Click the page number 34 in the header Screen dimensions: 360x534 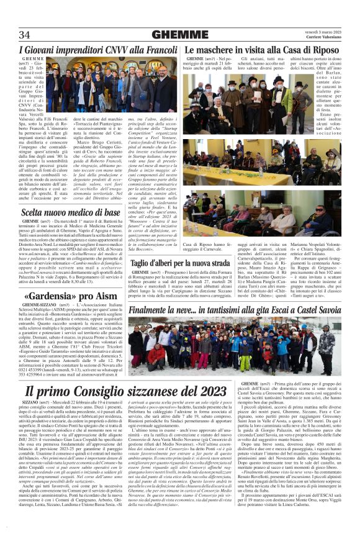[25, 34]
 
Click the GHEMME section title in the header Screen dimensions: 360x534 [180, 34]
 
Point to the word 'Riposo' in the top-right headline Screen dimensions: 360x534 [321, 48]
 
